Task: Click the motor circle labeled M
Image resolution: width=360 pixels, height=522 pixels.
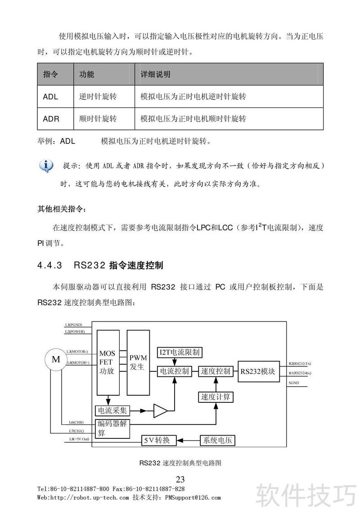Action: pyautogui.click(x=56, y=359)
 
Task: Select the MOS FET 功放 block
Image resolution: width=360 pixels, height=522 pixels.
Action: pyautogui.click(x=108, y=362)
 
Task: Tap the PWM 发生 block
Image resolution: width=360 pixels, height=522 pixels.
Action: pyautogui.click(x=138, y=362)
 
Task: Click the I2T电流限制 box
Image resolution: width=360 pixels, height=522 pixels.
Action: pyautogui.click(x=180, y=352)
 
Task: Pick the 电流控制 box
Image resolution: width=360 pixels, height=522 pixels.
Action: pyautogui.click(x=174, y=371)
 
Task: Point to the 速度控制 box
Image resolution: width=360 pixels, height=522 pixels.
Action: pyautogui.click(x=216, y=371)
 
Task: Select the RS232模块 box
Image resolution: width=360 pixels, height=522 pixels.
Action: pyautogui.click(x=258, y=371)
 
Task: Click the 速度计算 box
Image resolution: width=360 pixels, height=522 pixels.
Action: pyautogui.click(x=216, y=397)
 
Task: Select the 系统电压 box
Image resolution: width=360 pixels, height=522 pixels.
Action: pyautogui.click(x=218, y=441)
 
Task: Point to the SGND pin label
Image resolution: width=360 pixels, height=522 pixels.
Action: pyautogui.click(x=294, y=383)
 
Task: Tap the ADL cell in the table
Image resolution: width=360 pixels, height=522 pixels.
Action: pyautogui.click(x=50, y=97)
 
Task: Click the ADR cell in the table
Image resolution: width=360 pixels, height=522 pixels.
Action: pyautogui.click(x=51, y=119)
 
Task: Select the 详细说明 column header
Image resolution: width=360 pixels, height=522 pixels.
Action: pyautogui.click(x=156, y=74)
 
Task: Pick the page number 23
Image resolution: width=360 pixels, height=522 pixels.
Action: pyautogui.click(x=180, y=478)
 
